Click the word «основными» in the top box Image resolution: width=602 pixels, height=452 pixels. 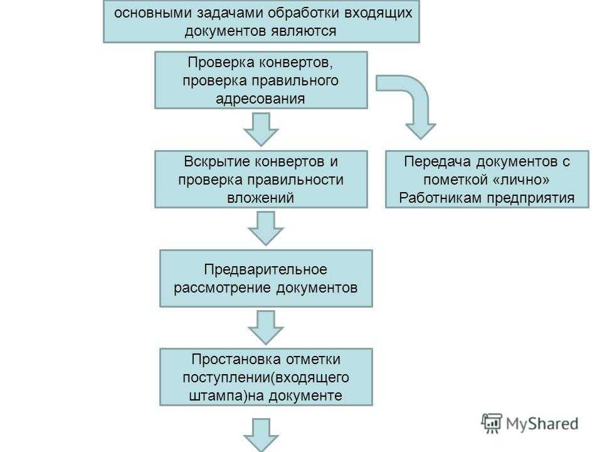pos(153,13)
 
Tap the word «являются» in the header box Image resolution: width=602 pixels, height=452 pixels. pos(304,31)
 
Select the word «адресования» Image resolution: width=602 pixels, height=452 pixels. pos(260,99)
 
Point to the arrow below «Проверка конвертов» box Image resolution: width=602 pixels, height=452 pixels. pos(261,129)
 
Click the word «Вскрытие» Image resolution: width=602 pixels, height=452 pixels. pos(216,162)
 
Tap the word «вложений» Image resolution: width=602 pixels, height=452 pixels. pos(260,198)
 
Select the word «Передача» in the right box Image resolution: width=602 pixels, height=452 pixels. pos(437,162)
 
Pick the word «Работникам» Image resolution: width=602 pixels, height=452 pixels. pos(441,198)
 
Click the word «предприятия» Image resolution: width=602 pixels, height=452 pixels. pos(531,198)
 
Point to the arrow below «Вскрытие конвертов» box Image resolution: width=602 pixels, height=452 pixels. pos(266,229)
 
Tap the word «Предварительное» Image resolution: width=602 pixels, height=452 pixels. pos(266,270)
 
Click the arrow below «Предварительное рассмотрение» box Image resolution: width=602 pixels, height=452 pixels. pos(266,328)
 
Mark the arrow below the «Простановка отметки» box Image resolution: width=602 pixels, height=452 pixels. pos(261,435)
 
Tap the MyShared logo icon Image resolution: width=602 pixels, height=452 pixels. pos(492,423)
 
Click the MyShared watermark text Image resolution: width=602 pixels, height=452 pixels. pos(542,424)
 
